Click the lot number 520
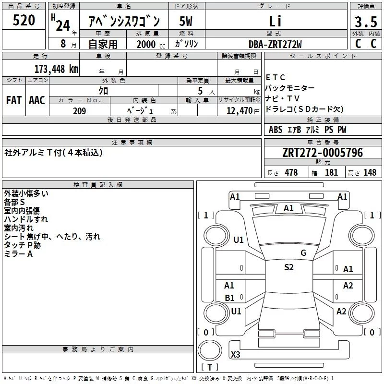(24, 20)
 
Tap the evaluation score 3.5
(366, 22)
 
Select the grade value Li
(275, 21)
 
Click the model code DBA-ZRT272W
(275, 44)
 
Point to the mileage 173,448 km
(56, 69)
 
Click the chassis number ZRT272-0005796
(323, 153)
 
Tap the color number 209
(79, 111)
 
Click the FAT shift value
(14, 100)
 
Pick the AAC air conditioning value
(37, 100)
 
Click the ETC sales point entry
(275, 77)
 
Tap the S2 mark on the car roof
(289, 267)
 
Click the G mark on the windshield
(303, 253)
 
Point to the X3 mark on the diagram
(235, 354)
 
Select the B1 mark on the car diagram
(229, 298)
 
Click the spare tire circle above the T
(210, 350)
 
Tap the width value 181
(331, 172)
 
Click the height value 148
(370, 172)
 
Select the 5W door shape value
(186, 21)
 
